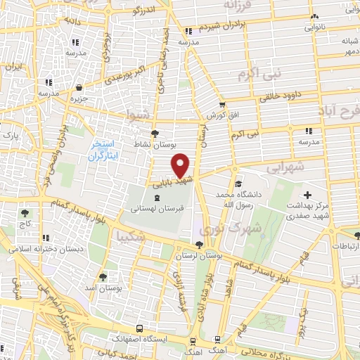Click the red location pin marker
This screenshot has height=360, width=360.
pos(181,166)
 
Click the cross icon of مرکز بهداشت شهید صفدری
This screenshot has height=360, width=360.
pos(307,194)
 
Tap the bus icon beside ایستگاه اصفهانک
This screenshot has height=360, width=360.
pos(140,328)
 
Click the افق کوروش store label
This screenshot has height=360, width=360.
pos(215,115)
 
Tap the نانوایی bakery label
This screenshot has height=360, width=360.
pos(314,28)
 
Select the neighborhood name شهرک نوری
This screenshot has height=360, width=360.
pos(221,229)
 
